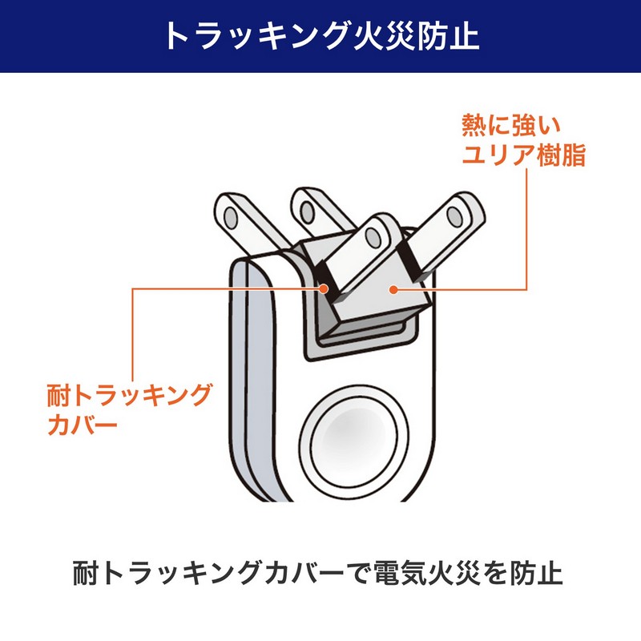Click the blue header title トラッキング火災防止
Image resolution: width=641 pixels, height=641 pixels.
(x=322, y=36)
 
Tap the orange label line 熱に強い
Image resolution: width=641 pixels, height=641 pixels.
(x=512, y=125)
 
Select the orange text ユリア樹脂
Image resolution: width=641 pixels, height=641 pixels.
(x=524, y=155)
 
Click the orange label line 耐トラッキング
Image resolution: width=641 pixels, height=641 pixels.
(x=129, y=395)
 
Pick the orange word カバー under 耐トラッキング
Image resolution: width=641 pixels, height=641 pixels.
(x=83, y=425)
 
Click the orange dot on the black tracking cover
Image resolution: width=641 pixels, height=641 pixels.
(x=324, y=289)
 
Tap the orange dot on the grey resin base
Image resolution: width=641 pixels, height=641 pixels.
(x=393, y=289)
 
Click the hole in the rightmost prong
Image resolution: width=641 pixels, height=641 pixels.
(x=454, y=216)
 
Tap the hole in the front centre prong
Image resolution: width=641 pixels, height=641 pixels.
(x=373, y=238)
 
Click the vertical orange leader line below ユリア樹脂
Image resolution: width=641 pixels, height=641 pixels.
(x=526, y=229)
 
